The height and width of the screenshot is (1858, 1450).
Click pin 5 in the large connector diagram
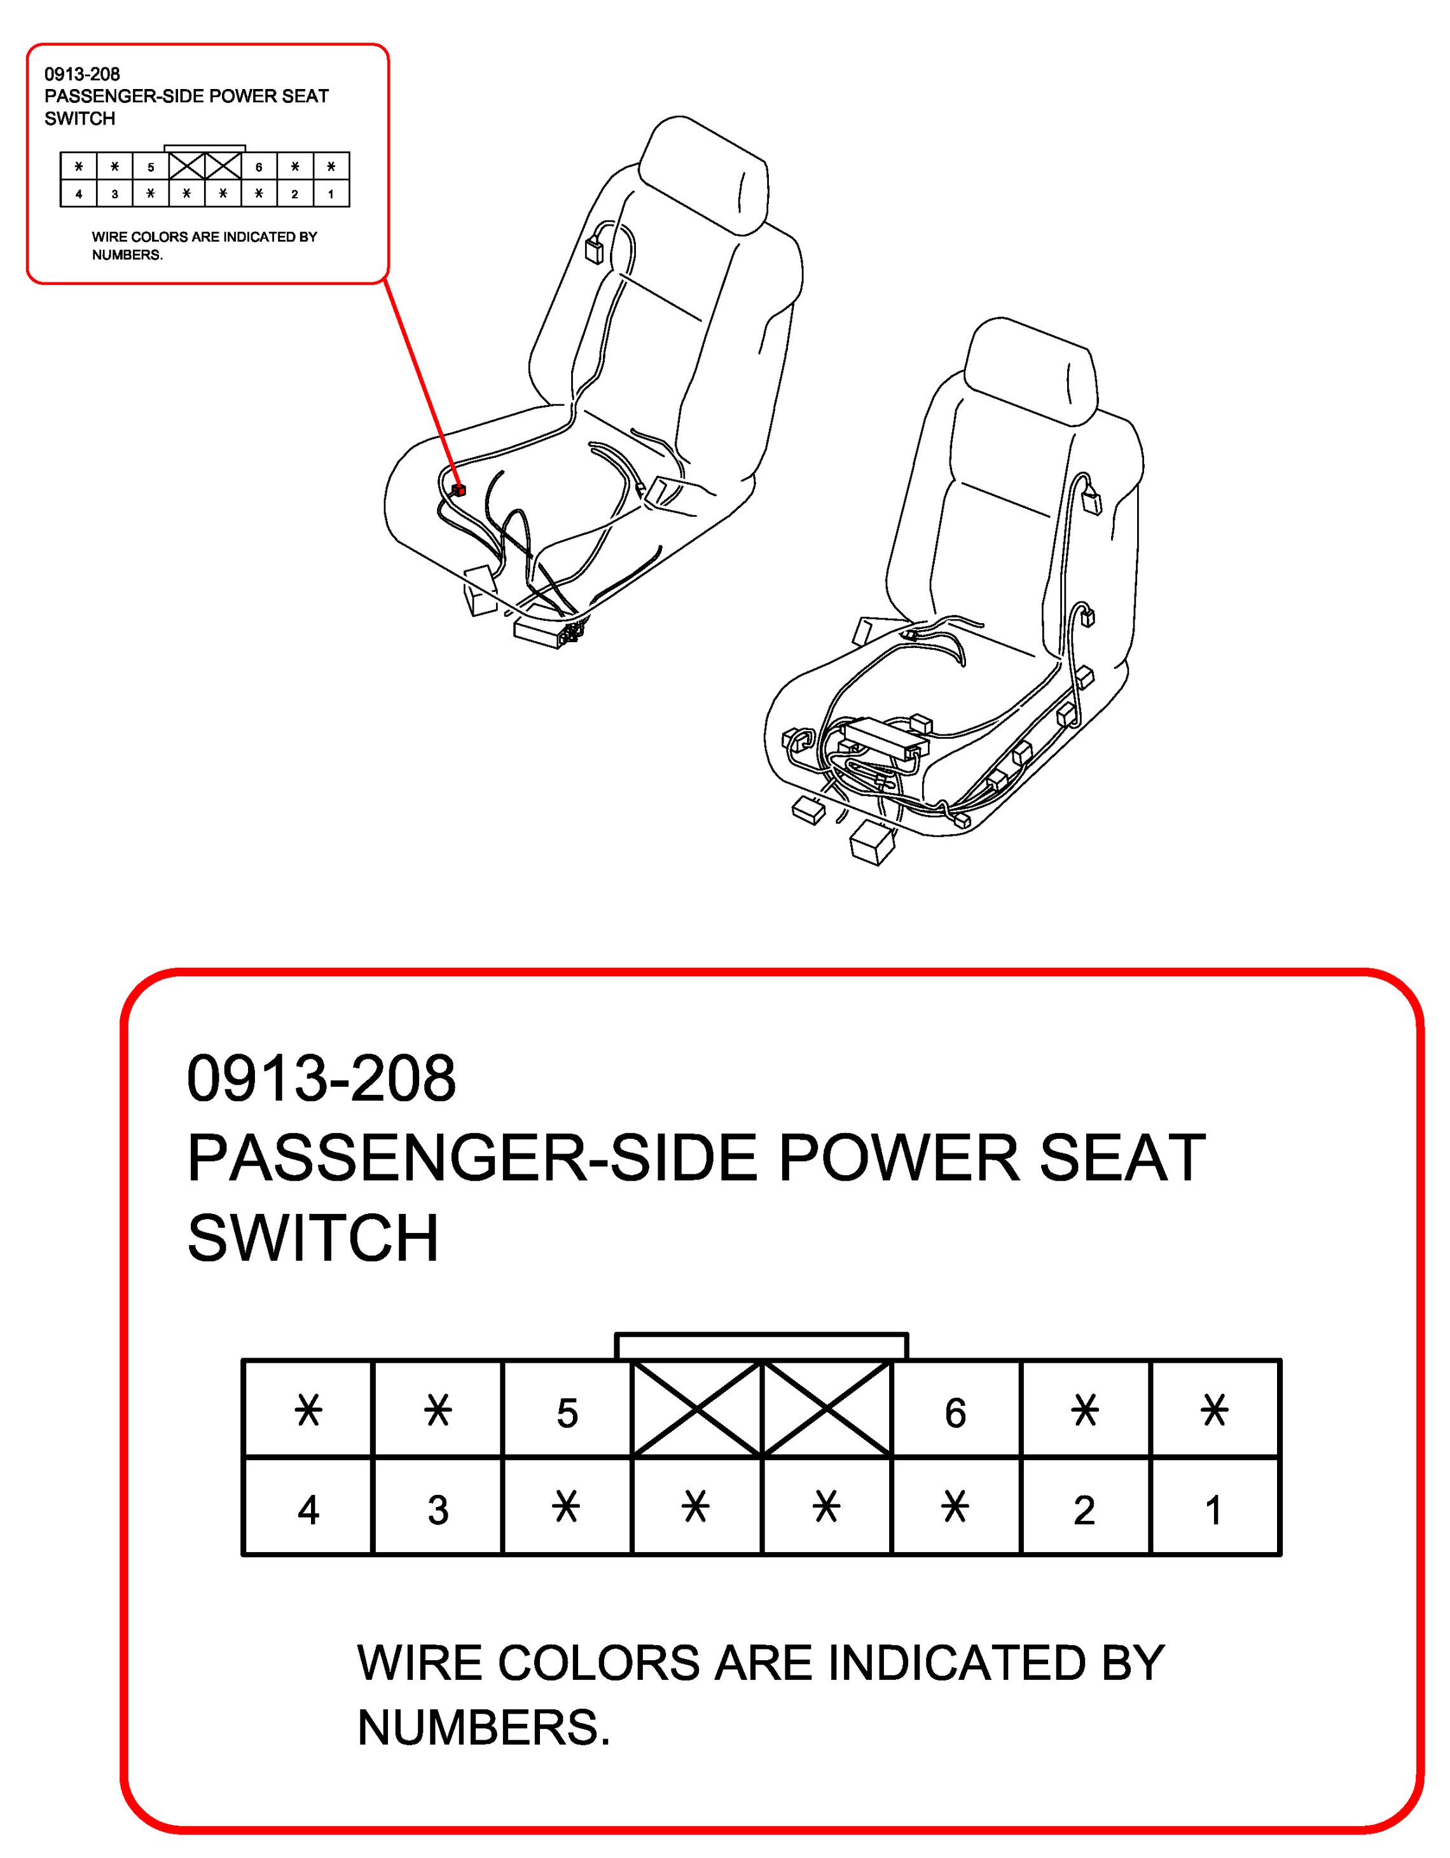[x=567, y=1413]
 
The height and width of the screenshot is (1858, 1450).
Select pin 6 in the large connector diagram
[x=956, y=1413]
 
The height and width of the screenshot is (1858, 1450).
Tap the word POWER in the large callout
[x=899, y=1158]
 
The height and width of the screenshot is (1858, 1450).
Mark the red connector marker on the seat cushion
[x=459, y=489]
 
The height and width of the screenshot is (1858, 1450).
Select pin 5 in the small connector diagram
[x=151, y=167]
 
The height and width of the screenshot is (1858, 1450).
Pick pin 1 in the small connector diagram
[x=331, y=194]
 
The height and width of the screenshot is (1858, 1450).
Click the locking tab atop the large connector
[x=762, y=1347]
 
